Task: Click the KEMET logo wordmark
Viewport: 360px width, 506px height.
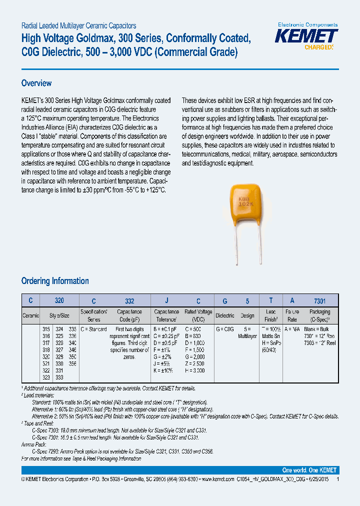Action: click(x=307, y=36)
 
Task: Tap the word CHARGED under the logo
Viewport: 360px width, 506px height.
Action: click(x=318, y=47)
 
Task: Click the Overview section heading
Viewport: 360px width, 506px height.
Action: click(x=36, y=83)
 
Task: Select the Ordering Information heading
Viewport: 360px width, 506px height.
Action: click(x=55, y=281)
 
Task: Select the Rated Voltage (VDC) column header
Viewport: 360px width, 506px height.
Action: click(x=198, y=315)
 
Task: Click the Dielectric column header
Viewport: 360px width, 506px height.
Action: click(x=224, y=315)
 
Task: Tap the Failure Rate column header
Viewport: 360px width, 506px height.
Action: click(x=292, y=315)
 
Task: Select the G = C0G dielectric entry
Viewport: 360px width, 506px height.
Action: click(x=225, y=329)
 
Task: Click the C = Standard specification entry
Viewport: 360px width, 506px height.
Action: click(x=93, y=329)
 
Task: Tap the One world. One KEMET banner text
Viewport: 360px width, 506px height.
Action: click(x=309, y=470)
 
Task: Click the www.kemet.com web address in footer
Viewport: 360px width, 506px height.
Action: click(x=217, y=479)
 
